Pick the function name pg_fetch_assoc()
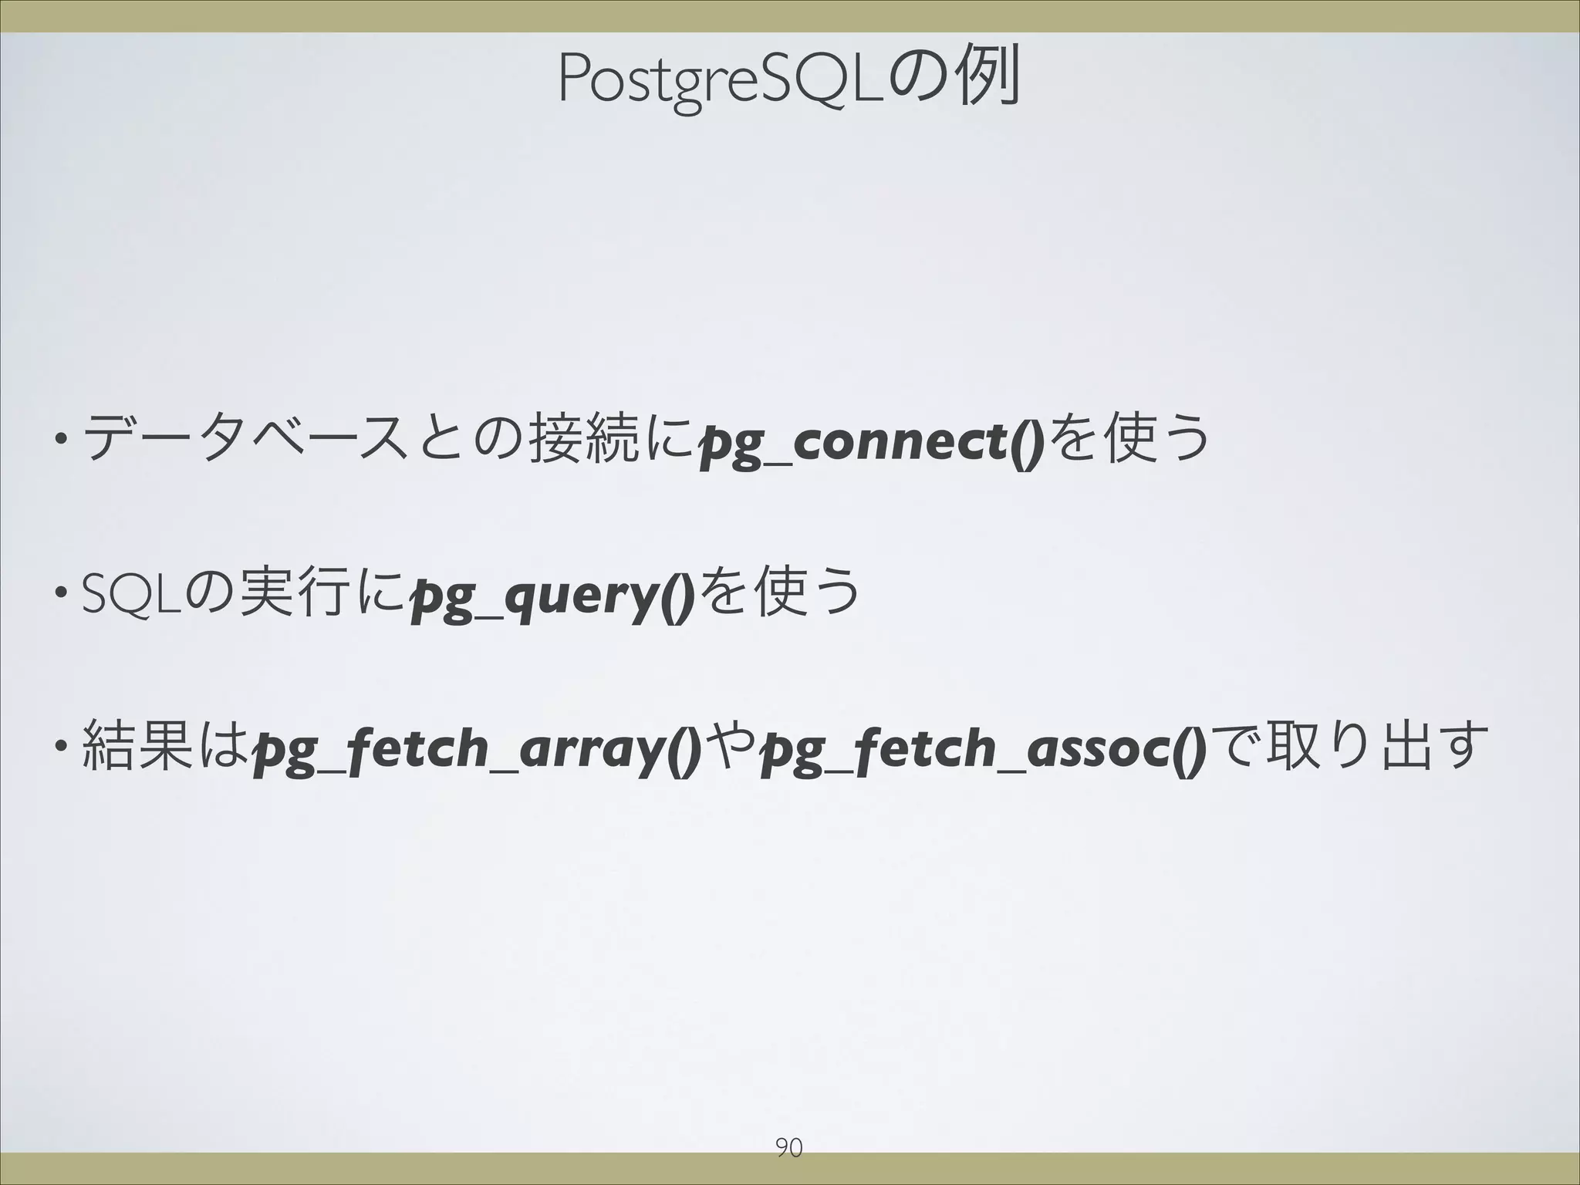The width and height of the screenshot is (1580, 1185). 983,748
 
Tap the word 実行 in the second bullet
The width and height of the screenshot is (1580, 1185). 291,592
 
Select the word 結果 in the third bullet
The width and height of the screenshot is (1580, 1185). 136,746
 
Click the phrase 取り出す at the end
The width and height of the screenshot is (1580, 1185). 1381,746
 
